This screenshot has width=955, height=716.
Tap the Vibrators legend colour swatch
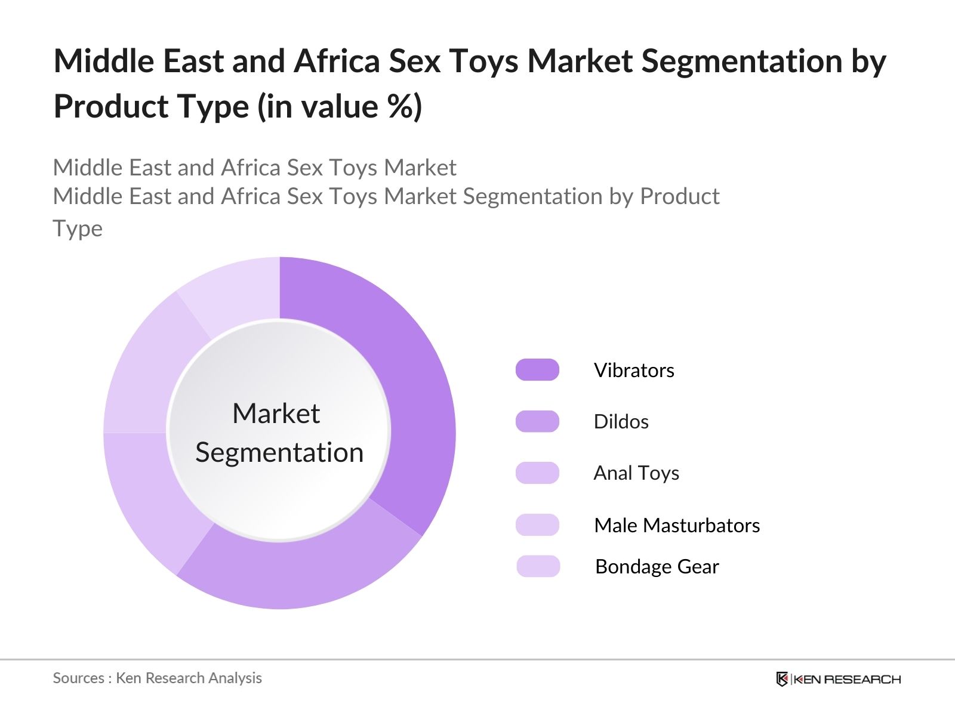click(537, 369)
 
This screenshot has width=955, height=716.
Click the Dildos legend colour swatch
click(537, 421)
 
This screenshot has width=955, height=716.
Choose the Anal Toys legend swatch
click(537, 473)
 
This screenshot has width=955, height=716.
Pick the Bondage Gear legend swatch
click(538, 566)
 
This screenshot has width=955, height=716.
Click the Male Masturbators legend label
click(677, 525)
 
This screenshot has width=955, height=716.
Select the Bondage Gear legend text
click(657, 567)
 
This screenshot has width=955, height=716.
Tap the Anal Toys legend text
click(636, 473)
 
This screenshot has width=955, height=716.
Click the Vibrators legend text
click(634, 371)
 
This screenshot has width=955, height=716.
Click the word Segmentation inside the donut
click(279, 452)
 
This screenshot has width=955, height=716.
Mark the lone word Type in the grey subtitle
click(78, 229)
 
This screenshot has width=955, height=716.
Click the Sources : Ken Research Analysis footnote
click(157, 678)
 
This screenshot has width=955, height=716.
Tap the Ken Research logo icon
click(782, 678)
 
